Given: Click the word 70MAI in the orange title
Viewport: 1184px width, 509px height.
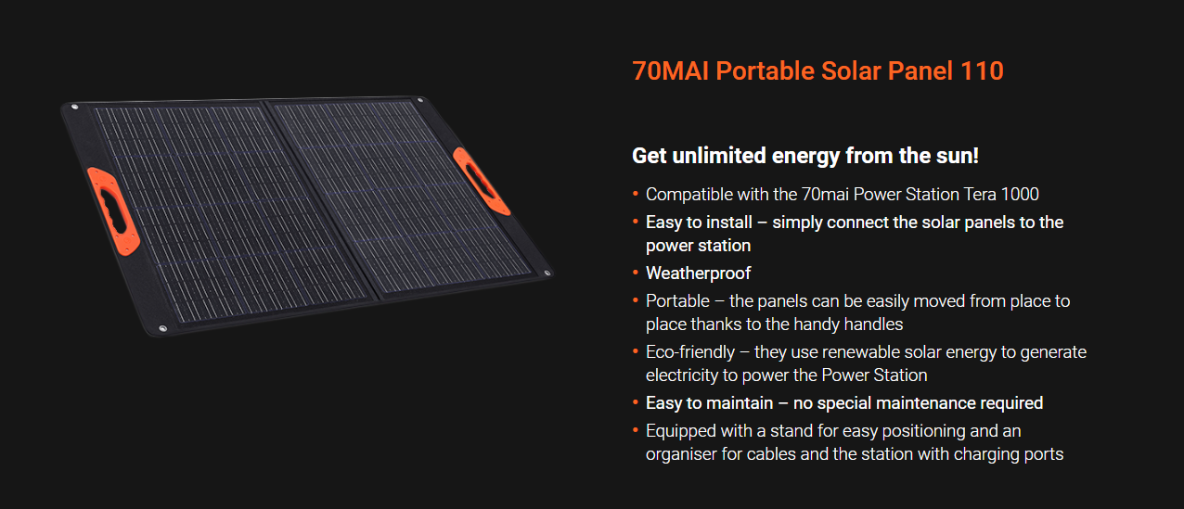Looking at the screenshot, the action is tap(670, 70).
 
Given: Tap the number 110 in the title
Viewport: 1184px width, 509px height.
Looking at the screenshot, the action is tap(982, 70).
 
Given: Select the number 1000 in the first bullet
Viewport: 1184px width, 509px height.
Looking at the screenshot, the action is tap(1020, 195).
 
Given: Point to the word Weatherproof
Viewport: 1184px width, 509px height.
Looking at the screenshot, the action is tap(698, 273).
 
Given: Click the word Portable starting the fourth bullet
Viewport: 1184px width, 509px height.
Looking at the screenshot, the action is tap(677, 301).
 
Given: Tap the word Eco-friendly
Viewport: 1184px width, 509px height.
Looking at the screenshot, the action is tap(690, 352).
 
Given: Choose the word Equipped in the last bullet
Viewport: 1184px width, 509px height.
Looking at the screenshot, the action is tap(681, 431).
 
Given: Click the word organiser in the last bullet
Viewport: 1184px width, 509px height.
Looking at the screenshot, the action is tap(681, 454).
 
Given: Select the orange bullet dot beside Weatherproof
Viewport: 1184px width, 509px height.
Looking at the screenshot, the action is tap(636, 273).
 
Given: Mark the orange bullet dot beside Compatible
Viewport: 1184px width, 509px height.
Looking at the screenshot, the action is tap(636, 194).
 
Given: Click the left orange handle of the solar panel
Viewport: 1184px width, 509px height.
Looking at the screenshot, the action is tap(113, 211).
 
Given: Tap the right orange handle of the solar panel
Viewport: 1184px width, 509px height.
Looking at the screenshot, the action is tap(482, 181).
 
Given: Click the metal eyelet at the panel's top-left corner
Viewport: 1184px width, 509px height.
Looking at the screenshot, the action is tap(74, 108).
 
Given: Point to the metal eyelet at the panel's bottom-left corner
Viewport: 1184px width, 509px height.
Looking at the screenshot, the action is tap(162, 329).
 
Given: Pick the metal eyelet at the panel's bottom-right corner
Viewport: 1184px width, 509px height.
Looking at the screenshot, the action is tap(547, 273).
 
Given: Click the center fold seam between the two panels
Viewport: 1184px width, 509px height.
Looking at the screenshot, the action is tap(320, 199).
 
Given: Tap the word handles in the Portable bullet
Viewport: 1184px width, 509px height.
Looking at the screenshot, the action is tap(873, 324).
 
